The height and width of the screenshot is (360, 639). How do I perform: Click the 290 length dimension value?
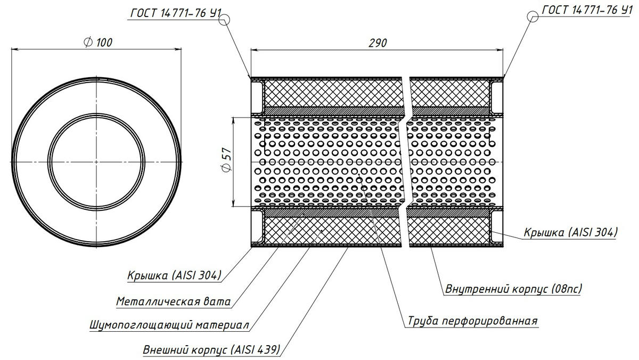pos(377,43)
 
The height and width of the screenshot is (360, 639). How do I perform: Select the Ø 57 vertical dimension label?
pos(226,160)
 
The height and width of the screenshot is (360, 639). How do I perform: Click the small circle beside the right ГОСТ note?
pos(532,17)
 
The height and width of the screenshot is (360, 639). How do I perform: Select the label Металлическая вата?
pos(173,302)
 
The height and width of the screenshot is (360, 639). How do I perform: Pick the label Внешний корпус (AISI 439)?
pos(211,350)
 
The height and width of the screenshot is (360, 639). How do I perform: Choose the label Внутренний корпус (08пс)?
pos(513,289)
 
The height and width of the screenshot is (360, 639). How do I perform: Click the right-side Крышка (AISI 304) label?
pos(570,232)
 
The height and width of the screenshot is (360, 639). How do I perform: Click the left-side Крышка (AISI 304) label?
pos(174,275)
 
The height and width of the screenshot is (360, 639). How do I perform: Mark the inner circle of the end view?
pos(96,113)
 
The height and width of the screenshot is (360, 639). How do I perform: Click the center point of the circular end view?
pos(96,160)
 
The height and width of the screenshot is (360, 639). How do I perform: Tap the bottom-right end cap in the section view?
pos(497,228)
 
